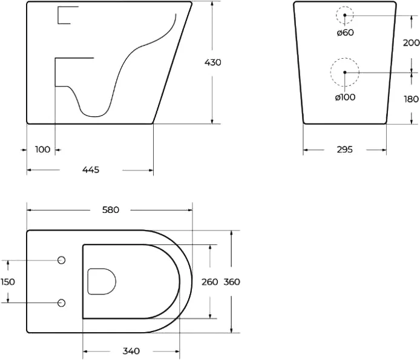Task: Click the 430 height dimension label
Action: point(212,63)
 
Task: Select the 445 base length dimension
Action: point(91,170)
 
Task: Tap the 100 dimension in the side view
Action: point(42,149)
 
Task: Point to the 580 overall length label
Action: point(111,210)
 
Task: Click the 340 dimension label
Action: point(131,351)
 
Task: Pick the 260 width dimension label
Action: point(210,282)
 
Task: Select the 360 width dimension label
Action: point(232,282)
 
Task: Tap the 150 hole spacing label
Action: point(8,282)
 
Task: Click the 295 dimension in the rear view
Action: point(345,149)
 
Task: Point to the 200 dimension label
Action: point(411,42)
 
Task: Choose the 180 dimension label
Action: point(412,99)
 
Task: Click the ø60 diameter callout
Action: point(346,33)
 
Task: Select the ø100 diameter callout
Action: point(346,97)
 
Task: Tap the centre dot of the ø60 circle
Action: point(345,15)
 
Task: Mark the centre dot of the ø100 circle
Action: point(345,73)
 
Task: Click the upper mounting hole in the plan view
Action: point(62,260)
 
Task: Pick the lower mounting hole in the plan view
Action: point(62,303)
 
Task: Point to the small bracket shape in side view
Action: point(58,15)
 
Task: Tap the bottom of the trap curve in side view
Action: point(94,117)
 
